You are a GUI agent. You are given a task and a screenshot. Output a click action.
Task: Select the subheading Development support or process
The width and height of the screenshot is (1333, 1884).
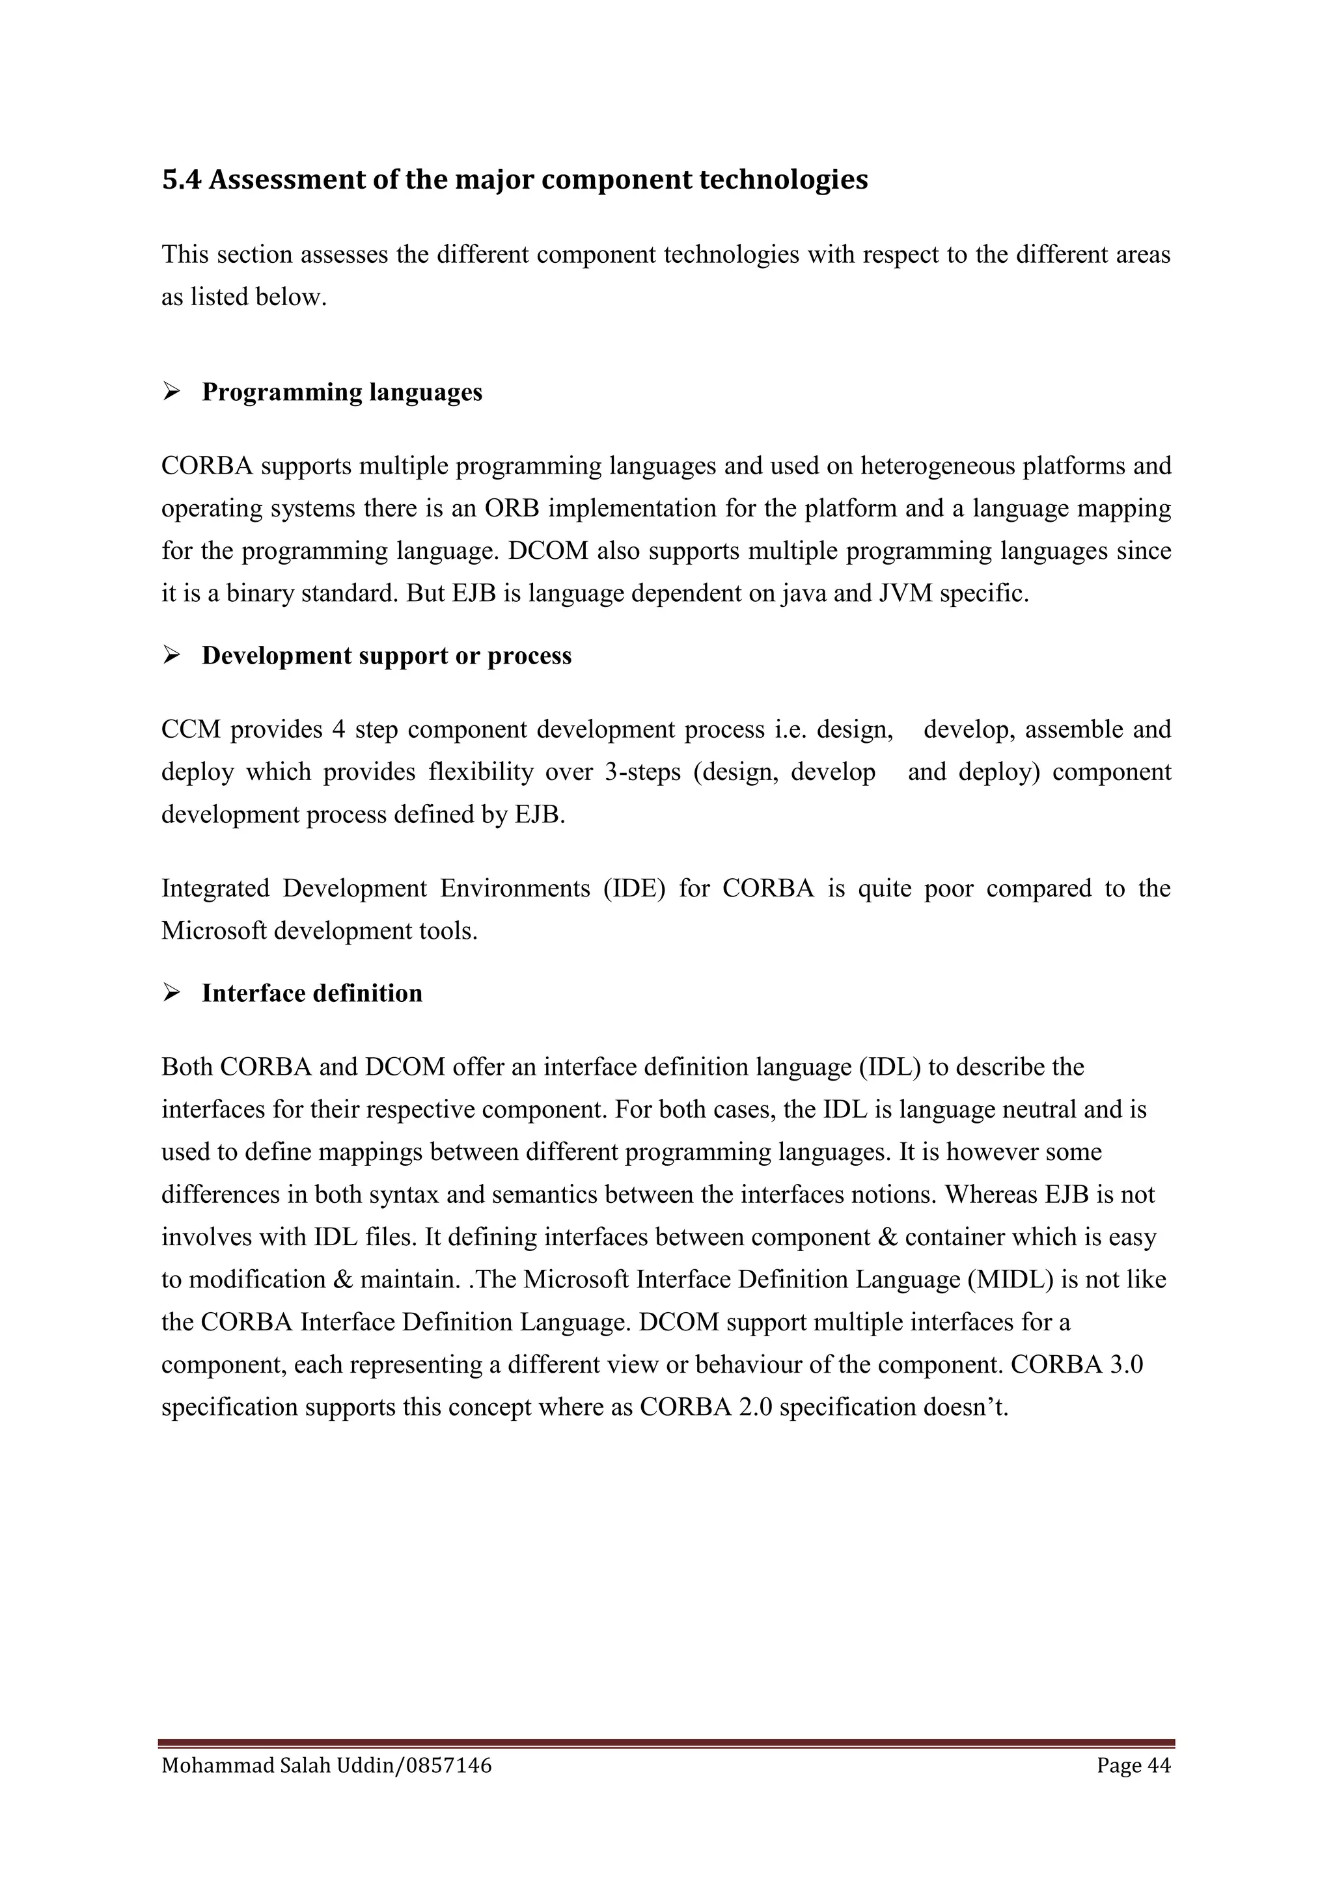click(387, 656)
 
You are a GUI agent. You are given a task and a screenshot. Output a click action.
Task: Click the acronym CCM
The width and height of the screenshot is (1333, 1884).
click(189, 729)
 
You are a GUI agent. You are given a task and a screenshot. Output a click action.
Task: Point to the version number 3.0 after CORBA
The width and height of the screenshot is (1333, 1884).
click(1126, 1365)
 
